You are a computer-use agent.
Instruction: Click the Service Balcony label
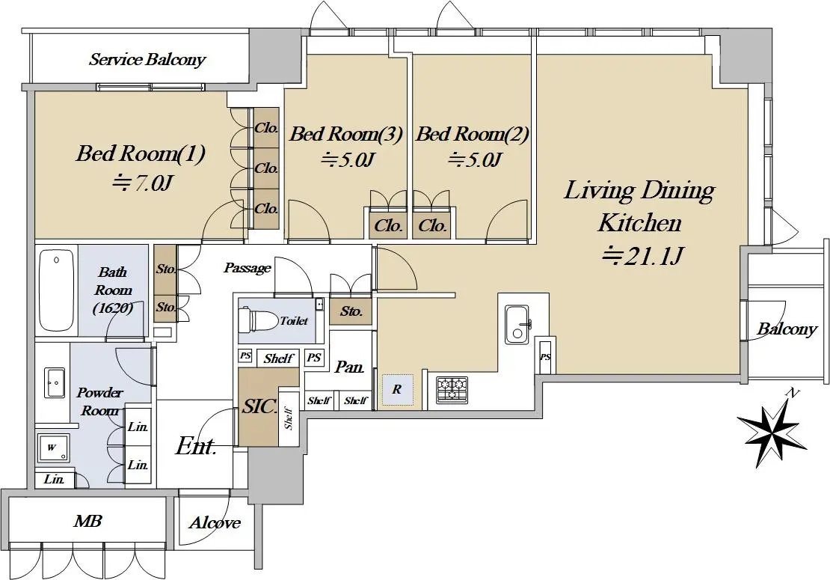click(147, 59)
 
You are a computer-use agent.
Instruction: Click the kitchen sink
click(517, 323)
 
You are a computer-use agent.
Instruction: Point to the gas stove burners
click(452, 389)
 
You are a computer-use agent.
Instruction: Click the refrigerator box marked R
click(397, 390)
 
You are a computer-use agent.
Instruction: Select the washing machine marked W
click(52, 448)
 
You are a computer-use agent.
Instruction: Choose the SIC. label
click(259, 406)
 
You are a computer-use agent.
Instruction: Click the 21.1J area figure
click(642, 257)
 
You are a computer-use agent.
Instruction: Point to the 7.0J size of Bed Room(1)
click(142, 183)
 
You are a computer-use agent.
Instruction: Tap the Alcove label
click(215, 523)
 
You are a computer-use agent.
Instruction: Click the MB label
click(88, 521)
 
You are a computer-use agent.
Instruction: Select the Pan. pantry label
click(349, 367)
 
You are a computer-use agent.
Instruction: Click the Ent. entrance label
click(196, 446)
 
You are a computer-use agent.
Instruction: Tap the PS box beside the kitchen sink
click(545, 356)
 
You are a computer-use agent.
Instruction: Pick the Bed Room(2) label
click(472, 133)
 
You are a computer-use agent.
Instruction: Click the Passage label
click(248, 268)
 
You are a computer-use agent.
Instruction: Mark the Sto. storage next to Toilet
click(351, 311)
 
